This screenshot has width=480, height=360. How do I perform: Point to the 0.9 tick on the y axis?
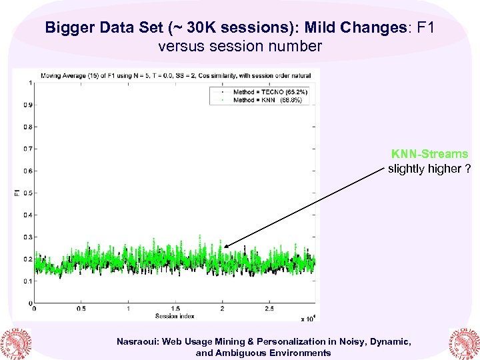click(x=27, y=105)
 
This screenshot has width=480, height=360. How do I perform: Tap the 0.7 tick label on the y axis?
click(x=27, y=149)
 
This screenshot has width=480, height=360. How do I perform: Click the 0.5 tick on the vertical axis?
click(x=27, y=193)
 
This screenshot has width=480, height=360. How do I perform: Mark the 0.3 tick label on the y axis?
click(x=27, y=237)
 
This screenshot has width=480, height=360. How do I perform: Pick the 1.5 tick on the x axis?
click(x=175, y=309)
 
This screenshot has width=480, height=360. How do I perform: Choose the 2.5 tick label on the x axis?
click(x=269, y=309)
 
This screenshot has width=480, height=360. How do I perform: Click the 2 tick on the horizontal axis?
click(x=222, y=309)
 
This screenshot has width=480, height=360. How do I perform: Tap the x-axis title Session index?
click(x=174, y=315)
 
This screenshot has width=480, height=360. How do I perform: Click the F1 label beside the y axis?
click(x=17, y=193)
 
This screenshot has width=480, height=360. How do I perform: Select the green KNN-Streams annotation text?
click(x=429, y=154)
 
